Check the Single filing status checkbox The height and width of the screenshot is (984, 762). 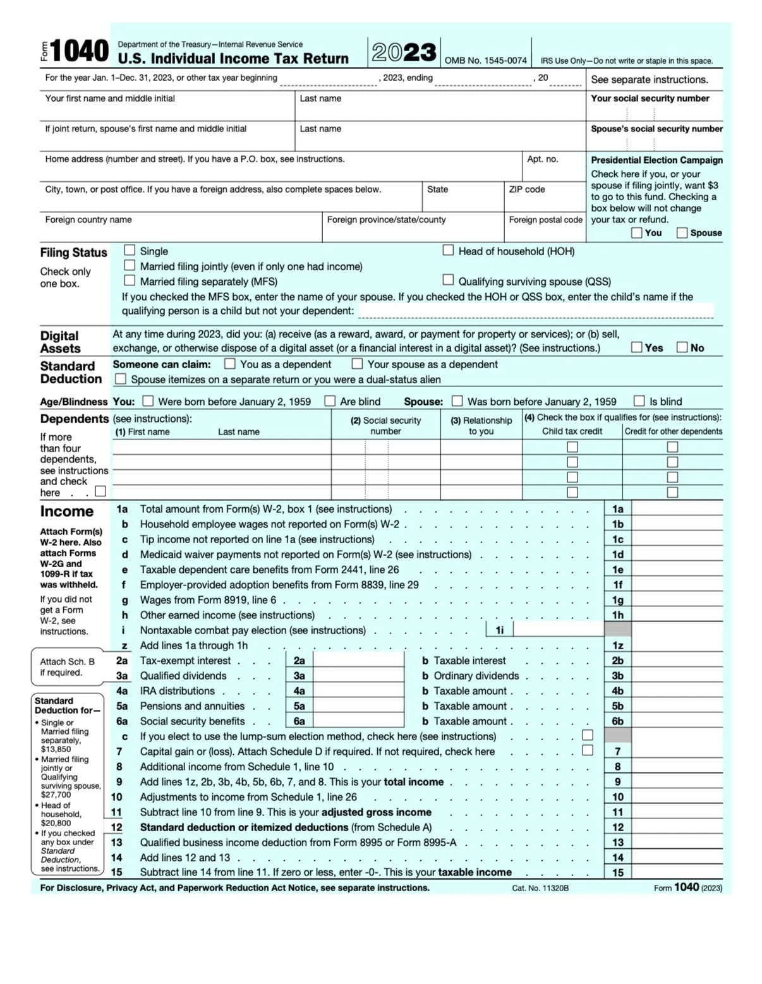[130, 250]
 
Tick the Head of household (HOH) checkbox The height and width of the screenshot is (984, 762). [448, 250]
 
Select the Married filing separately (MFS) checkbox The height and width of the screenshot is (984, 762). [130, 280]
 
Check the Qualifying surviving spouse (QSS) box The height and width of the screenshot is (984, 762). [448, 280]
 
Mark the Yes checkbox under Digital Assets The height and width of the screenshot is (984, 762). [637, 347]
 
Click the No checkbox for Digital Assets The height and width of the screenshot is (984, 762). [682, 347]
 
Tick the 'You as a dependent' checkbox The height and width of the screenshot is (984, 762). [230, 364]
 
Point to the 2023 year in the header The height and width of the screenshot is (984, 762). [404, 52]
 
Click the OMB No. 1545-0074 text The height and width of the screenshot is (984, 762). [485, 61]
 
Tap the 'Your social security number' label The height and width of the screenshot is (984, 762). [650, 99]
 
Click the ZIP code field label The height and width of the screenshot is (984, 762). [526, 189]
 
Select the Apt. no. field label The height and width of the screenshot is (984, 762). [542, 159]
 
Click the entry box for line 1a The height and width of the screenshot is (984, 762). [677, 509]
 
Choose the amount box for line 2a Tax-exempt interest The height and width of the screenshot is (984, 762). [358, 661]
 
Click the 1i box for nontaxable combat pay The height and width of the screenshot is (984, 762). [559, 630]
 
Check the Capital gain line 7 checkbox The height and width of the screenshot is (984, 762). [588, 750]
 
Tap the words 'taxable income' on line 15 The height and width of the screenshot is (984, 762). [475, 872]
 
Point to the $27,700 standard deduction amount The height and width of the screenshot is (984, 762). [56, 795]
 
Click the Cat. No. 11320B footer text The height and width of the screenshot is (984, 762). [540, 888]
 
